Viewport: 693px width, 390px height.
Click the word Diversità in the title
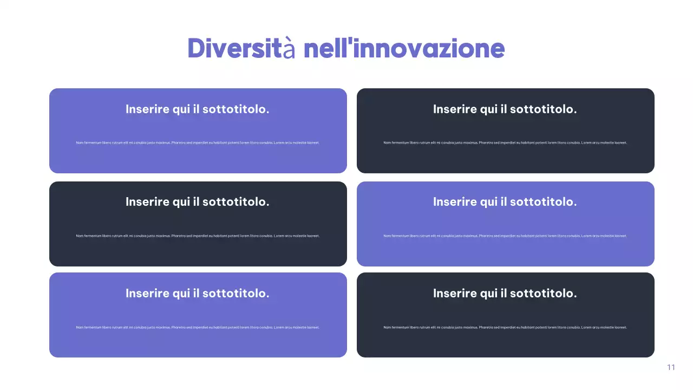click(241, 49)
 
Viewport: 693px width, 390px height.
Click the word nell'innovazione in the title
click(404, 49)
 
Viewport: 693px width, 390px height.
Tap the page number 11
click(671, 367)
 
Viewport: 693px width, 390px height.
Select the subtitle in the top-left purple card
click(198, 109)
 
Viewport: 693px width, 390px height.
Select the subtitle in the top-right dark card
click(505, 109)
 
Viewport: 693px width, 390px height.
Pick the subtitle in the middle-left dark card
click(198, 202)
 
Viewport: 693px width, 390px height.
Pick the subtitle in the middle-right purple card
click(505, 202)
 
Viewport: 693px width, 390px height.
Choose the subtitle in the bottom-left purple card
click(198, 294)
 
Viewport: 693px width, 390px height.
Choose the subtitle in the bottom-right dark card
click(505, 294)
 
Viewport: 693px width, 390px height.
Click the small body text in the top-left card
click(198, 143)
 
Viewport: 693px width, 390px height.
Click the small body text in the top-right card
click(505, 143)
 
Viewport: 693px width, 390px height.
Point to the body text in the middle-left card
click(198, 236)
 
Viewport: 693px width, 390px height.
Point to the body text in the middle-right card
click(505, 236)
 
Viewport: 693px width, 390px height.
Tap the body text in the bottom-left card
click(198, 327)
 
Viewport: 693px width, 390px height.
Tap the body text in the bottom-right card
click(505, 327)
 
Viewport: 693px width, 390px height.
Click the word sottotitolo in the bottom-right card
click(543, 294)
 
